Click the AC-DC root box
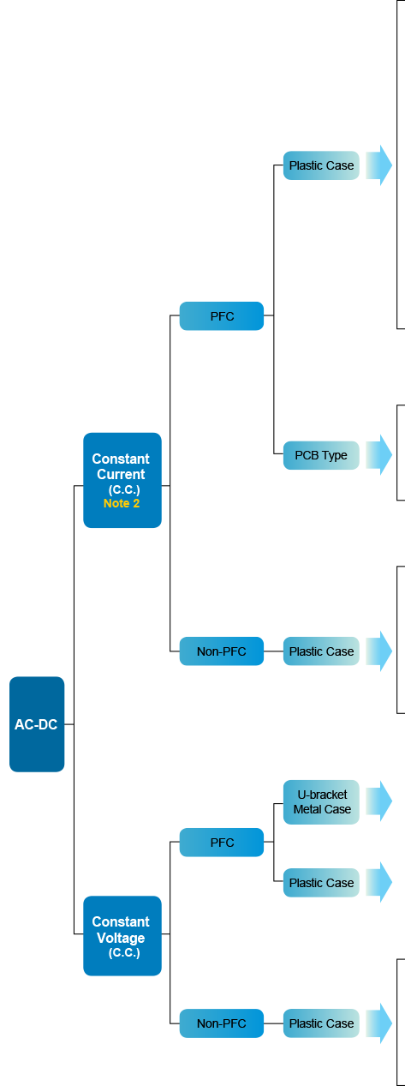pyautogui.click(x=37, y=723)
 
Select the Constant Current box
pyautogui.click(x=122, y=480)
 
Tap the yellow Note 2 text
pyautogui.click(x=122, y=503)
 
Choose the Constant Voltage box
pyautogui.click(x=122, y=936)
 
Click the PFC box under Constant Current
pyautogui.click(x=222, y=316)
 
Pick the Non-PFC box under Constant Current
pyautogui.click(x=222, y=651)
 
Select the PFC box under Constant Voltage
pyautogui.click(x=222, y=842)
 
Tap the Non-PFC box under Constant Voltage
pyautogui.click(x=222, y=1023)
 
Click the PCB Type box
pyautogui.click(x=321, y=455)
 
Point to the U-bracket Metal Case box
pyautogui.click(x=321, y=802)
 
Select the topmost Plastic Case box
pyautogui.click(x=321, y=165)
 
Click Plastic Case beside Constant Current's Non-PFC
pyautogui.click(x=321, y=651)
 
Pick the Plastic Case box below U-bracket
pyautogui.click(x=321, y=882)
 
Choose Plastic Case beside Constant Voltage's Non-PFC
pyautogui.click(x=321, y=1023)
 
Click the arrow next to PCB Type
pyautogui.click(x=378, y=455)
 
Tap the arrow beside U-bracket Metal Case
pyautogui.click(x=378, y=801)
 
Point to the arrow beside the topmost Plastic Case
pyautogui.click(x=378, y=165)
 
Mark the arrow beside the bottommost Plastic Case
pyautogui.click(x=378, y=1023)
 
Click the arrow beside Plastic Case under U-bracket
pyautogui.click(x=378, y=882)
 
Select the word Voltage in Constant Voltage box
pyautogui.click(x=121, y=938)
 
